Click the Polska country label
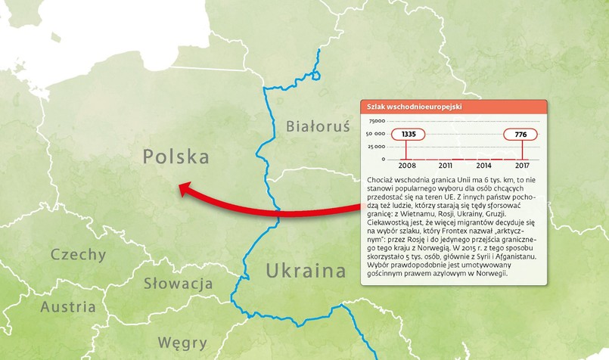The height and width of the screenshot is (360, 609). [176, 157]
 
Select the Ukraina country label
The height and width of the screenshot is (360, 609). [306, 271]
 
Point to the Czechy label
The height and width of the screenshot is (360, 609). [79, 254]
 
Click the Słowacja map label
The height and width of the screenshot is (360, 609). [178, 284]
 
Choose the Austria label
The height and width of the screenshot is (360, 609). [68, 307]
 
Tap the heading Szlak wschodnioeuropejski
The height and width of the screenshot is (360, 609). [414, 107]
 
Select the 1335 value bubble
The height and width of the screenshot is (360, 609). [409, 135]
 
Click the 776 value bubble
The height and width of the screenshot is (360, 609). [520, 135]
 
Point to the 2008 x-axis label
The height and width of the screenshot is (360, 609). [407, 165]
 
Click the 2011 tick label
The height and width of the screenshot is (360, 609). [446, 165]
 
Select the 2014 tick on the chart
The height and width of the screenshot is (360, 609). [483, 165]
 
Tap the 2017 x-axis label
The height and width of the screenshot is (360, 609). [521, 165]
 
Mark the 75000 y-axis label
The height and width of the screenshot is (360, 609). [376, 121]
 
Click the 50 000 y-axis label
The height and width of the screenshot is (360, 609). [375, 134]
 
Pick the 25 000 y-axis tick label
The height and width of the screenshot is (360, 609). [375, 147]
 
